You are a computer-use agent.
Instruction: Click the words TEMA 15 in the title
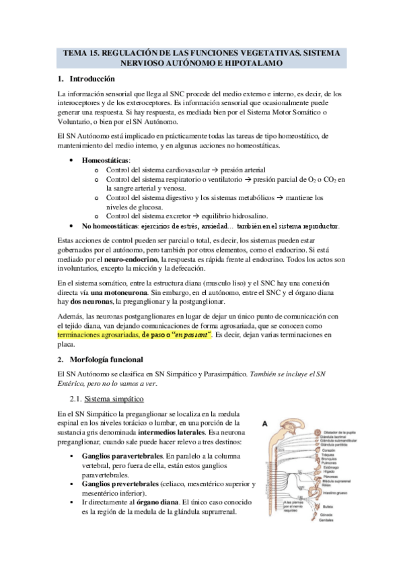(x=81, y=53)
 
